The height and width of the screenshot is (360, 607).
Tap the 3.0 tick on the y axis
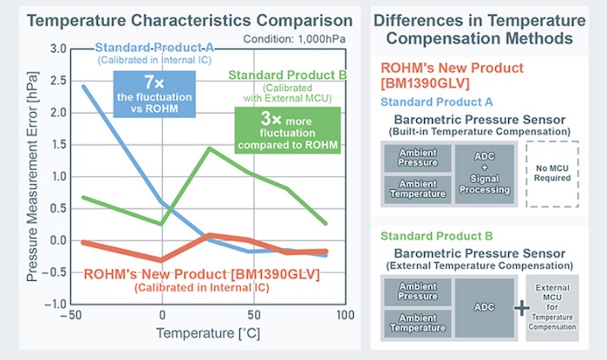(x=57, y=49)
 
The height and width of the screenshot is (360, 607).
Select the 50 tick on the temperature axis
(x=253, y=314)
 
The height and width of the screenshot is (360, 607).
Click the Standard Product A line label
(x=153, y=48)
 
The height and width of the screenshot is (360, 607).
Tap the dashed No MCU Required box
(x=552, y=173)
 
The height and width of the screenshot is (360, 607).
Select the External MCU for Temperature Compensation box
(x=552, y=308)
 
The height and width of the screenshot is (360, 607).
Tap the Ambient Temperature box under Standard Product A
(x=416, y=188)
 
